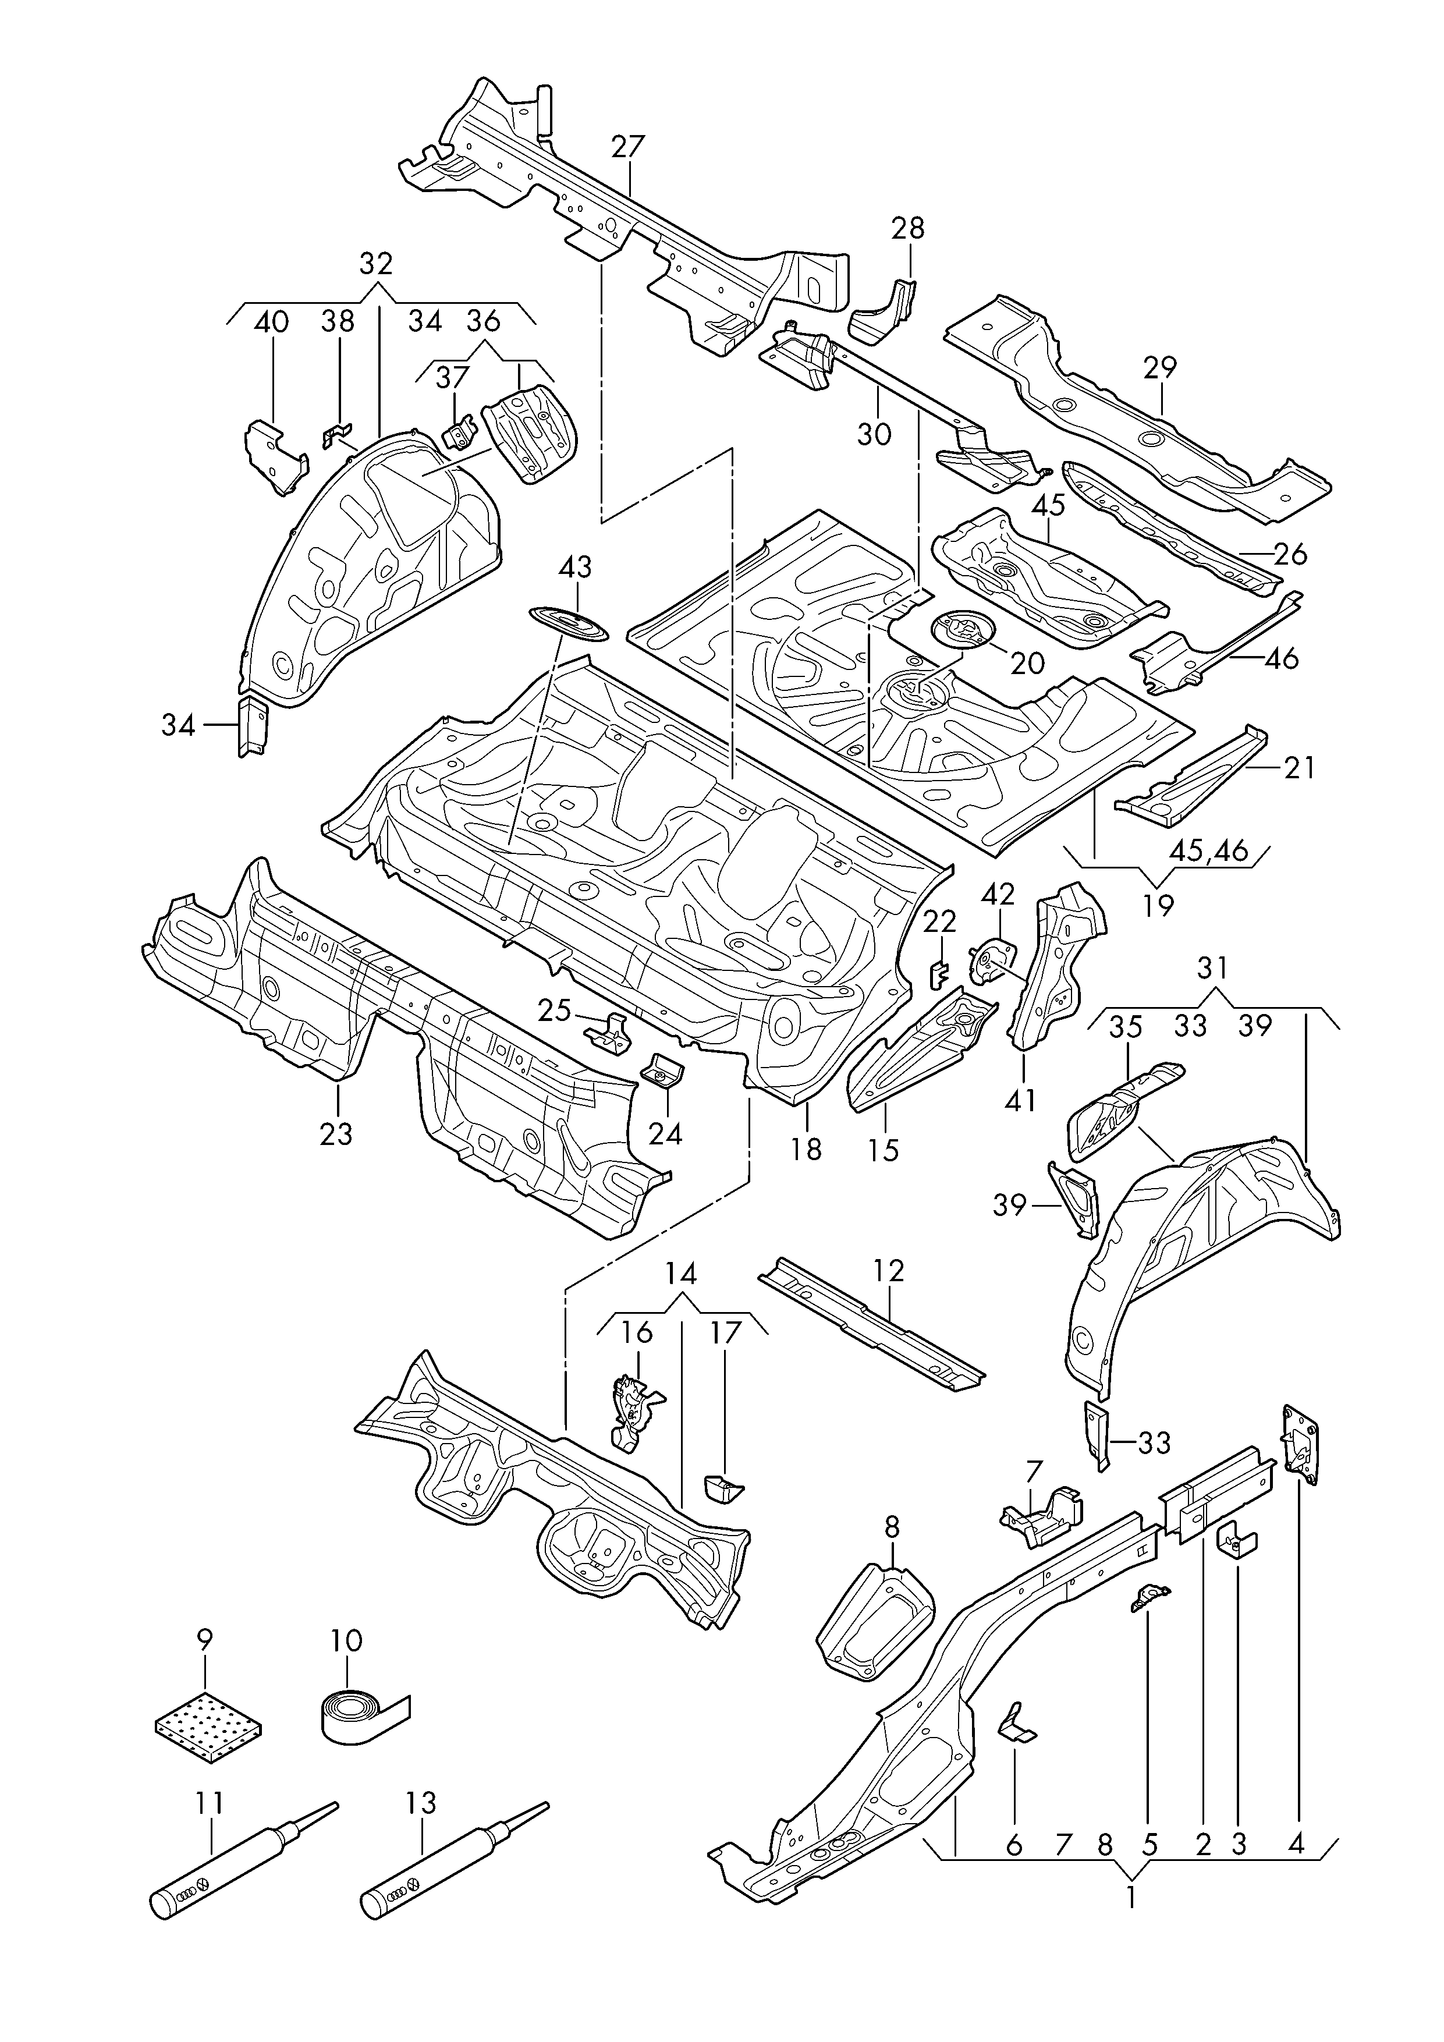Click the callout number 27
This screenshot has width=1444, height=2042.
(628, 147)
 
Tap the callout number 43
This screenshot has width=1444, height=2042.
(575, 566)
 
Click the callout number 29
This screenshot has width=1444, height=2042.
(1161, 367)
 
